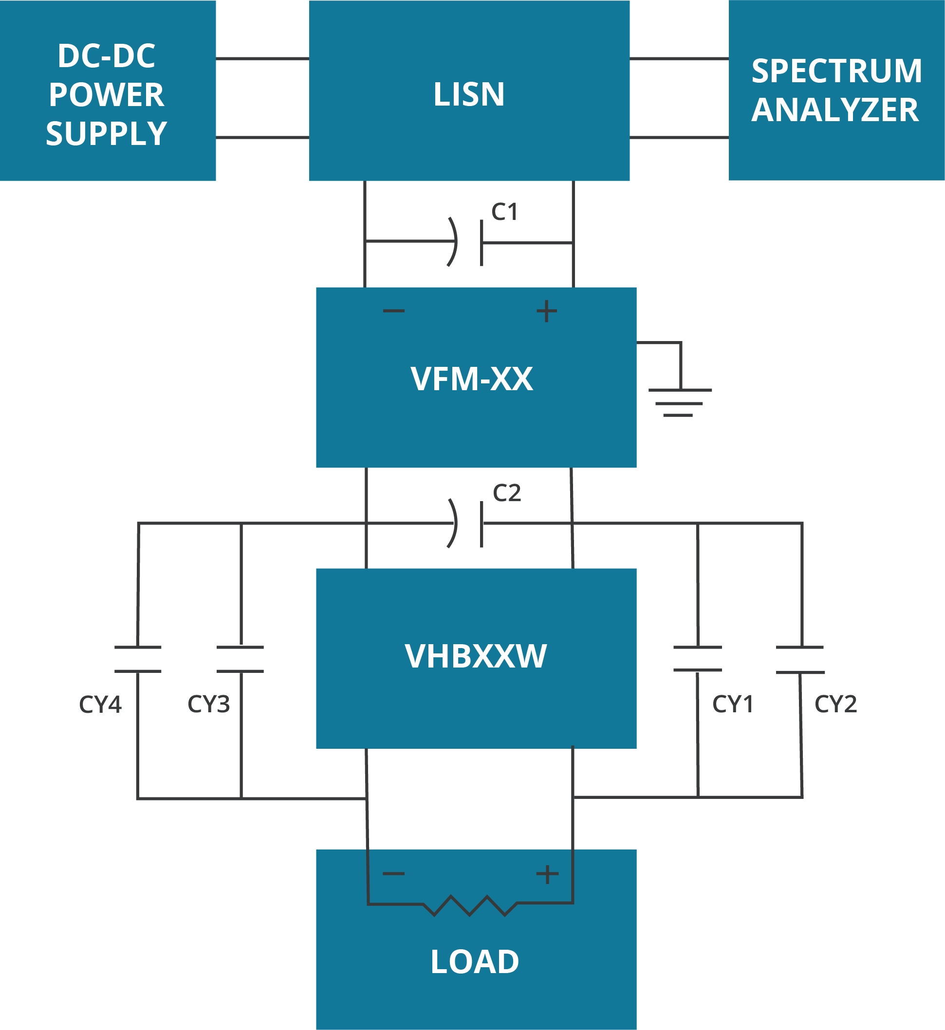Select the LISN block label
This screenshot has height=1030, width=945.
tap(469, 94)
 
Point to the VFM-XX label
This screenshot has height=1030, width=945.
tap(471, 379)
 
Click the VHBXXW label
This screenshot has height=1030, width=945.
tap(476, 656)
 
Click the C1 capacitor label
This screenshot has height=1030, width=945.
tap(505, 212)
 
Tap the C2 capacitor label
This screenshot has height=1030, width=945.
tap(507, 493)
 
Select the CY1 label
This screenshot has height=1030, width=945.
tap(733, 704)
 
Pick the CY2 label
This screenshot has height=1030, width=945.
tap(835, 704)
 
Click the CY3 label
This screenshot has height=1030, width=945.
tap(209, 704)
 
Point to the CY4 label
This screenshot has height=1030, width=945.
tap(100, 705)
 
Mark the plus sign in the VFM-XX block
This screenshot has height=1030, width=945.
tap(547, 311)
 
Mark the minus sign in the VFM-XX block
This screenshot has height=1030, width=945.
tap(394, 310)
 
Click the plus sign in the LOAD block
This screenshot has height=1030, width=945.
tap(547, 874)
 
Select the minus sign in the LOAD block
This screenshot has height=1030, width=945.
tap(394, 874)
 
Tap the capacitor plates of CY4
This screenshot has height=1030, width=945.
tap(138, 660)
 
